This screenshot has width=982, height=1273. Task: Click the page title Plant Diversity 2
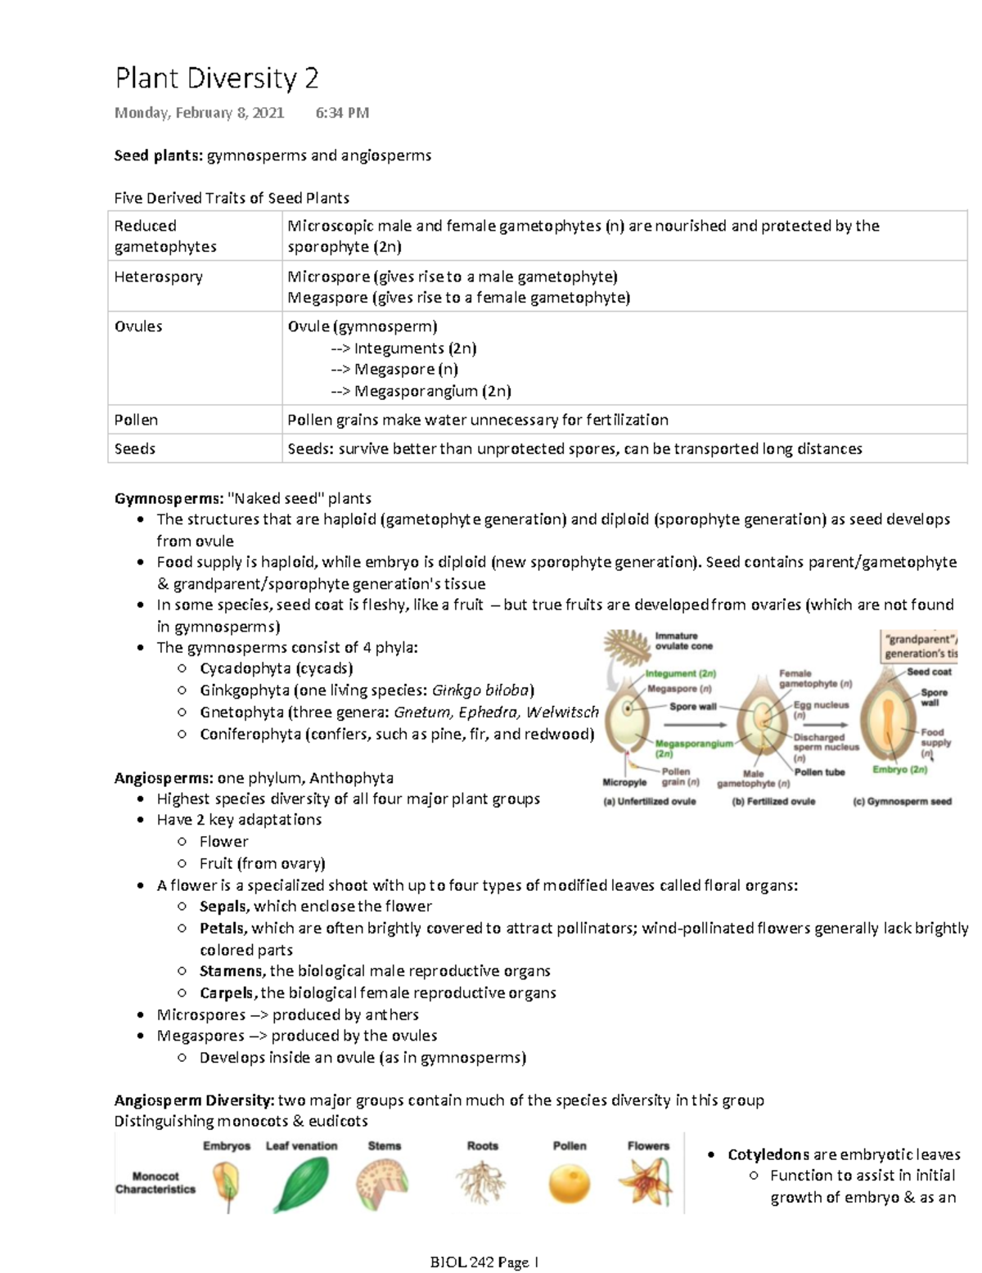coord(216,79)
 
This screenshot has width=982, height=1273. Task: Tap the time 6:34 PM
coord(341,113)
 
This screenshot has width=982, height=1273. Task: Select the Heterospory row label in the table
coord(158,277)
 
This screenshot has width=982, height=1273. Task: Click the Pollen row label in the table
coord(136,420)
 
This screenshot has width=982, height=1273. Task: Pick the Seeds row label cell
coord(135,448)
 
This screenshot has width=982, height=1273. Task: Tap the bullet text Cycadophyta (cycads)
coord(276,668)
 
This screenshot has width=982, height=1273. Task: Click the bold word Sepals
coord(223,906)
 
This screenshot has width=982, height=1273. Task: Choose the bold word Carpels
coord(227,993)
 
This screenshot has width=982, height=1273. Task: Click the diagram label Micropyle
coord(624,782)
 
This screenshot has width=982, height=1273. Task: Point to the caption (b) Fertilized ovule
coord(773,802)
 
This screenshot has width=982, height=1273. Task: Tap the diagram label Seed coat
coord(929,672)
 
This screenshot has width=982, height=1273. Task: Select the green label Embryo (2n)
coord(899,770)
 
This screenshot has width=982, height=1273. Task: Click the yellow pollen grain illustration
coord(570,1184)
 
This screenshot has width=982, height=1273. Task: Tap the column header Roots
coord(482,1146)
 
